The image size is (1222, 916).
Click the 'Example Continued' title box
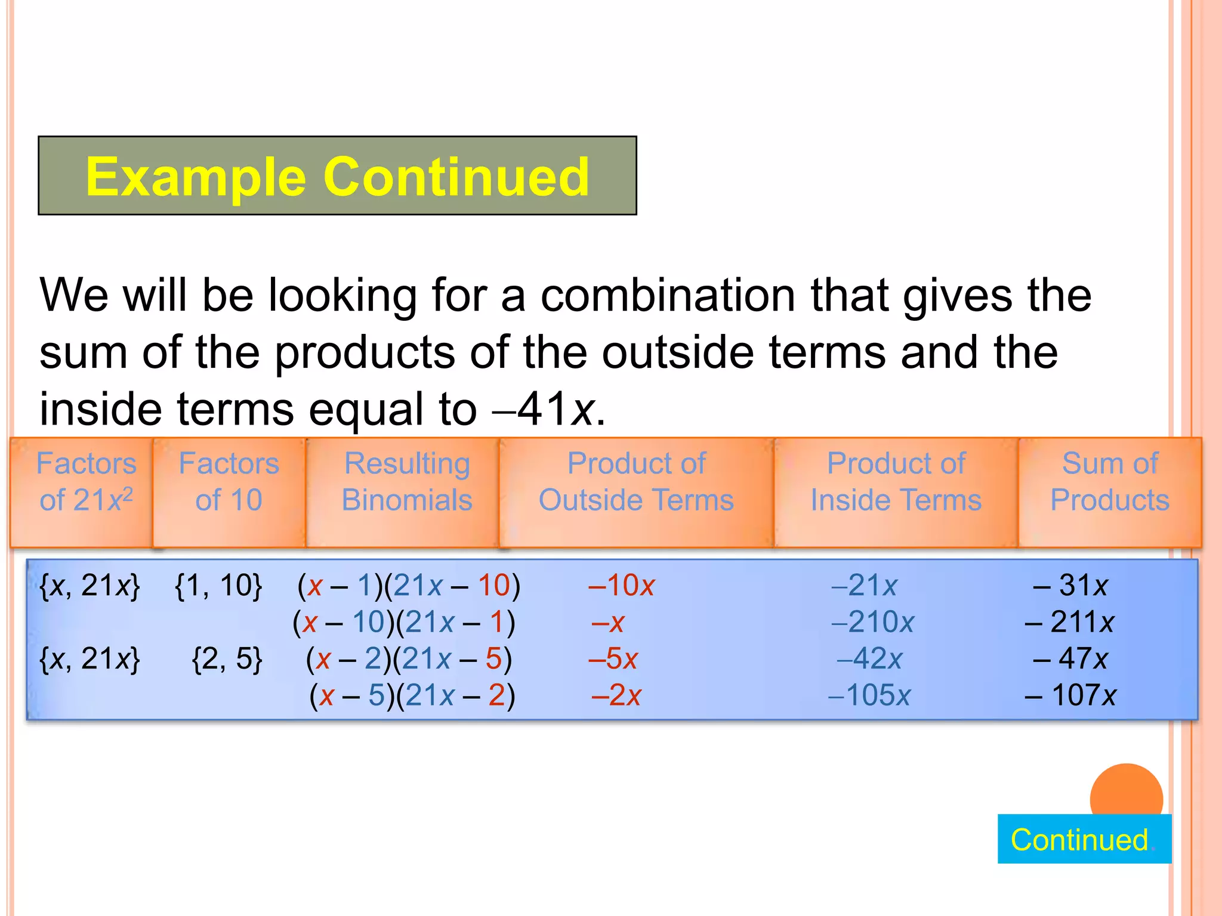[337, 175]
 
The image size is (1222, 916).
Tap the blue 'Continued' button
[1084, 839]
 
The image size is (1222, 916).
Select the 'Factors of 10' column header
[229, 482]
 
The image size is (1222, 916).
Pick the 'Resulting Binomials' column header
[407, 482]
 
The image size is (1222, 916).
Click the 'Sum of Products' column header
[1109, 482]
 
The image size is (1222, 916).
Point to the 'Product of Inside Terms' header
[896, 482]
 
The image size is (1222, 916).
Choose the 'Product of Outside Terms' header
[636, 482]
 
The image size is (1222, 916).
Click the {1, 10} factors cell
[218, 586]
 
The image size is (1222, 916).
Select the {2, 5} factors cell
[227, 659]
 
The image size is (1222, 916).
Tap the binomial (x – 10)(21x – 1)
[404, 623]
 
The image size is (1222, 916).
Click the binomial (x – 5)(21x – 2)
[412, 695]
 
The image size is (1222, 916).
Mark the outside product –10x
[621, 586]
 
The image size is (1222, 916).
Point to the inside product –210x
[872, 623]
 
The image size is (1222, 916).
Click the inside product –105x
[869, 695]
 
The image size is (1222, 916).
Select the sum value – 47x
[1070, 659]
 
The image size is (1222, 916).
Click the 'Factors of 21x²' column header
[86, 482]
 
